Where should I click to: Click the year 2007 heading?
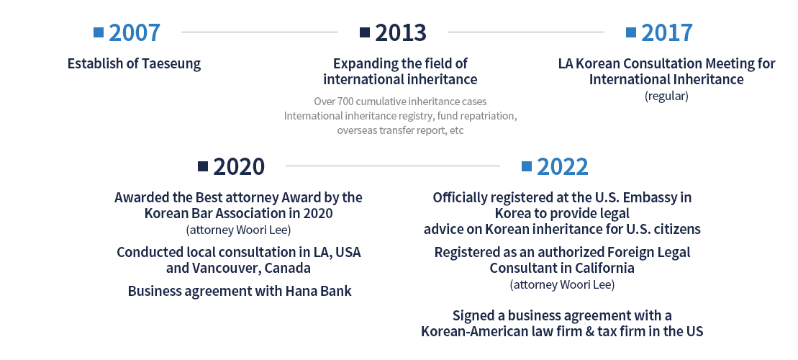coord(135,32)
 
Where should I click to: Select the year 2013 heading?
coord(401,32)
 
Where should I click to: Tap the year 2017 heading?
coord(667,32)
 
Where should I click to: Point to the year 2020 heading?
coord(239,166)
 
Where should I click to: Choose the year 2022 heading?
coord(563,166)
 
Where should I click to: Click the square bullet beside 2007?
coord(99,32)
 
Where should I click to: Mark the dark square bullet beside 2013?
coord(365,32)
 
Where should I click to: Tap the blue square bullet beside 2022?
coord(527,166)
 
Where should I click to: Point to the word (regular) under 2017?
coord(666,96)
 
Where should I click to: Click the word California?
coord(605,268)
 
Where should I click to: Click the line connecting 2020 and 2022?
coord(393,166)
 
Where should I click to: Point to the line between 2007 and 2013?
coord(260,32)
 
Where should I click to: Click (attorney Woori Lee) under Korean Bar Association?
coord(239,230)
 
